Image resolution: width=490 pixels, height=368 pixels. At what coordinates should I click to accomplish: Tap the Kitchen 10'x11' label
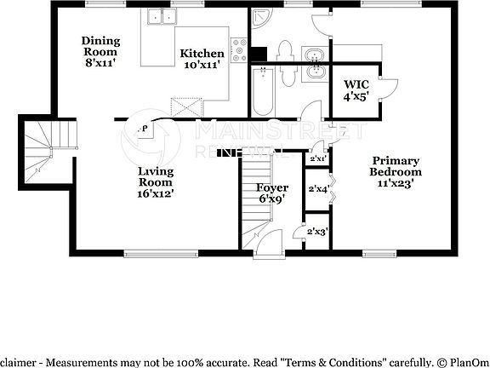pyautogui.click(x=202, y=60)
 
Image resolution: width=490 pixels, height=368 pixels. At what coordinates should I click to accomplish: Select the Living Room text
pyautogui.click(x=156, y=176)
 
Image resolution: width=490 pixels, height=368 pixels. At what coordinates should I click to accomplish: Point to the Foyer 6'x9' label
pyautogui.click(x=272, y=193)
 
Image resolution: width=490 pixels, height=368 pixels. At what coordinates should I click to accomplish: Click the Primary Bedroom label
pyautogui.click(x=395, y=166)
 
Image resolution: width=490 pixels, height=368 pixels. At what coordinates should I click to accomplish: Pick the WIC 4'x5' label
pyautogui.click(x=356, y=90)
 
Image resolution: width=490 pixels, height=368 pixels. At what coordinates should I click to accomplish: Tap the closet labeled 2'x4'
pyautogui.click(x=318, y=189)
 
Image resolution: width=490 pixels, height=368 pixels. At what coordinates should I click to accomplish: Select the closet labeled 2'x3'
pyautogui.click(x=317, y=231)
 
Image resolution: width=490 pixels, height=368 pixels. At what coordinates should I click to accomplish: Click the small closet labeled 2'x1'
pyautogui.click(x=318, y=158)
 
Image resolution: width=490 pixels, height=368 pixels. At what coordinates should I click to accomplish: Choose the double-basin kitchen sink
pyautogui.click(x=159, y=16)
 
